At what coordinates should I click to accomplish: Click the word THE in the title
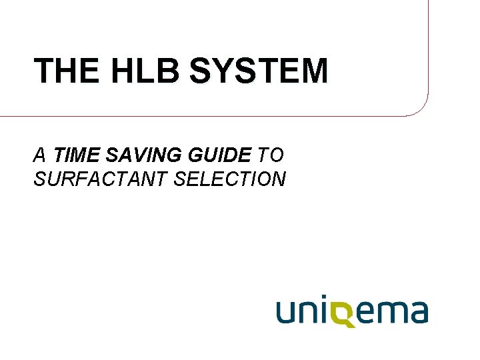(x=67, y=71)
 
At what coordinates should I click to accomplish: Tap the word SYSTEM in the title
(x=259, y=71)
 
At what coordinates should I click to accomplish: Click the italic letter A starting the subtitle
(x=39, y=156)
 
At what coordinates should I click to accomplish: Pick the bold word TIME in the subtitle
(x=75, y=156)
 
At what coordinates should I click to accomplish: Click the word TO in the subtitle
(x=271, y=156)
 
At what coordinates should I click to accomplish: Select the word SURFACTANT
(x=98, y=179)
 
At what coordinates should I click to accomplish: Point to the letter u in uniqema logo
(x=287, y=312)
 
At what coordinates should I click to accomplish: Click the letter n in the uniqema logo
(x=311, y=312)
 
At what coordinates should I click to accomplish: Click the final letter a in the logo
(x=418, y=312)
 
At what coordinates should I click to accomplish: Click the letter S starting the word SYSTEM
(x=200, y=71)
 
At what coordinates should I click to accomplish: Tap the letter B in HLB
(x=169, y=71)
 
